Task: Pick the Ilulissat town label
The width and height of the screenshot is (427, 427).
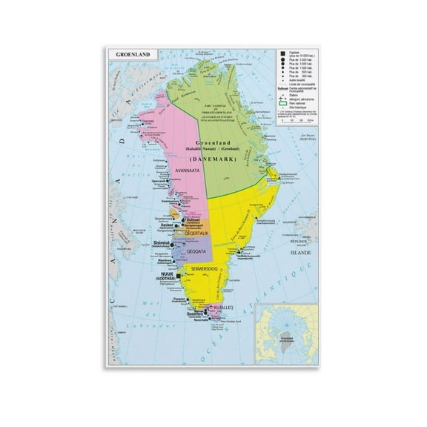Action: pos(193,220)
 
